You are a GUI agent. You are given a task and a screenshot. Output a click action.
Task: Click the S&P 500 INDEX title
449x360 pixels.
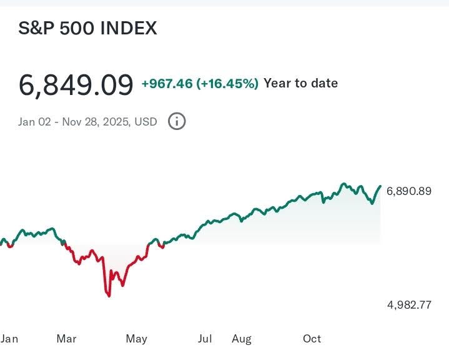pyautogui.click(x=87, y=28)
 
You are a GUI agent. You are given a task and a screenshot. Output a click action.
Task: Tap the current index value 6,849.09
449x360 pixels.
pyautogui.click(x=76, y=84)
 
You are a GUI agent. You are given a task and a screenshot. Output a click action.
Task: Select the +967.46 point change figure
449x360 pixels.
pyautogui.click(x=167, y=83)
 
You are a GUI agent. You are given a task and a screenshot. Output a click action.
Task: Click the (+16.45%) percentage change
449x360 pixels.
pyautogui.click(x=227, y=83)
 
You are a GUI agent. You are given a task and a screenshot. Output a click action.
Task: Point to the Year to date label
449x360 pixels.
pyautogui.click(x=300, y=83)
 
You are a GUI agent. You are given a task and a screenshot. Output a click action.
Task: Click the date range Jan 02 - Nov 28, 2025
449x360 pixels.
pyautogui.click(x=74, y=121)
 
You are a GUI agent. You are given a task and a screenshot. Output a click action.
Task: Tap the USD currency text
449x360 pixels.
pyautogui.click(x=146, y=121)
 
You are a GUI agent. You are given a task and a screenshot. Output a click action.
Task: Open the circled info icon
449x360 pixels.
pyautogui.click(x=177, y=121)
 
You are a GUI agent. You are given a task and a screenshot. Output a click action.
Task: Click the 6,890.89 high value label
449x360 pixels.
pyautogui.click(x=409, y=191)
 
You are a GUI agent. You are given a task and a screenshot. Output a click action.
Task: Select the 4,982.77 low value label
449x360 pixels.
pyautogui.click(x=409, y=305)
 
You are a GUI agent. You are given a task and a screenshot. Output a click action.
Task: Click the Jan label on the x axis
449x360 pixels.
pyautogui.click(x=9, y=339)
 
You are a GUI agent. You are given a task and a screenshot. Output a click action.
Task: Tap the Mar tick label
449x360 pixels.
pyautogui.click(x=66, y=339)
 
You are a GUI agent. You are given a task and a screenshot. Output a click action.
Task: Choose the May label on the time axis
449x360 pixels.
pyautogui.click(x=136, y=339)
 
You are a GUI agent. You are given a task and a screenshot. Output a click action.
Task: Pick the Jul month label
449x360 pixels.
pyautogui.click(x=205, y=339)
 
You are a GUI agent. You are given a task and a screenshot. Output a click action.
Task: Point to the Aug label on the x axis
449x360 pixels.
pyautogui.click(x=242, y=339)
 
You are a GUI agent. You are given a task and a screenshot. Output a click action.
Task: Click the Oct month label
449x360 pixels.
pyautogui.click(x=312, y=339)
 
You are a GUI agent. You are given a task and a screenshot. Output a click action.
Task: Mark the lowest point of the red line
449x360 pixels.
pyautogui.click(x=109, y=295)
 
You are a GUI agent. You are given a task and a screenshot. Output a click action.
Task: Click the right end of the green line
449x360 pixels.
pyautogui.click(x=380, y=186)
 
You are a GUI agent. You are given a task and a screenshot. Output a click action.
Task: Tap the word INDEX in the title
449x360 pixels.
pyautogui.click(x=129, y=28)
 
